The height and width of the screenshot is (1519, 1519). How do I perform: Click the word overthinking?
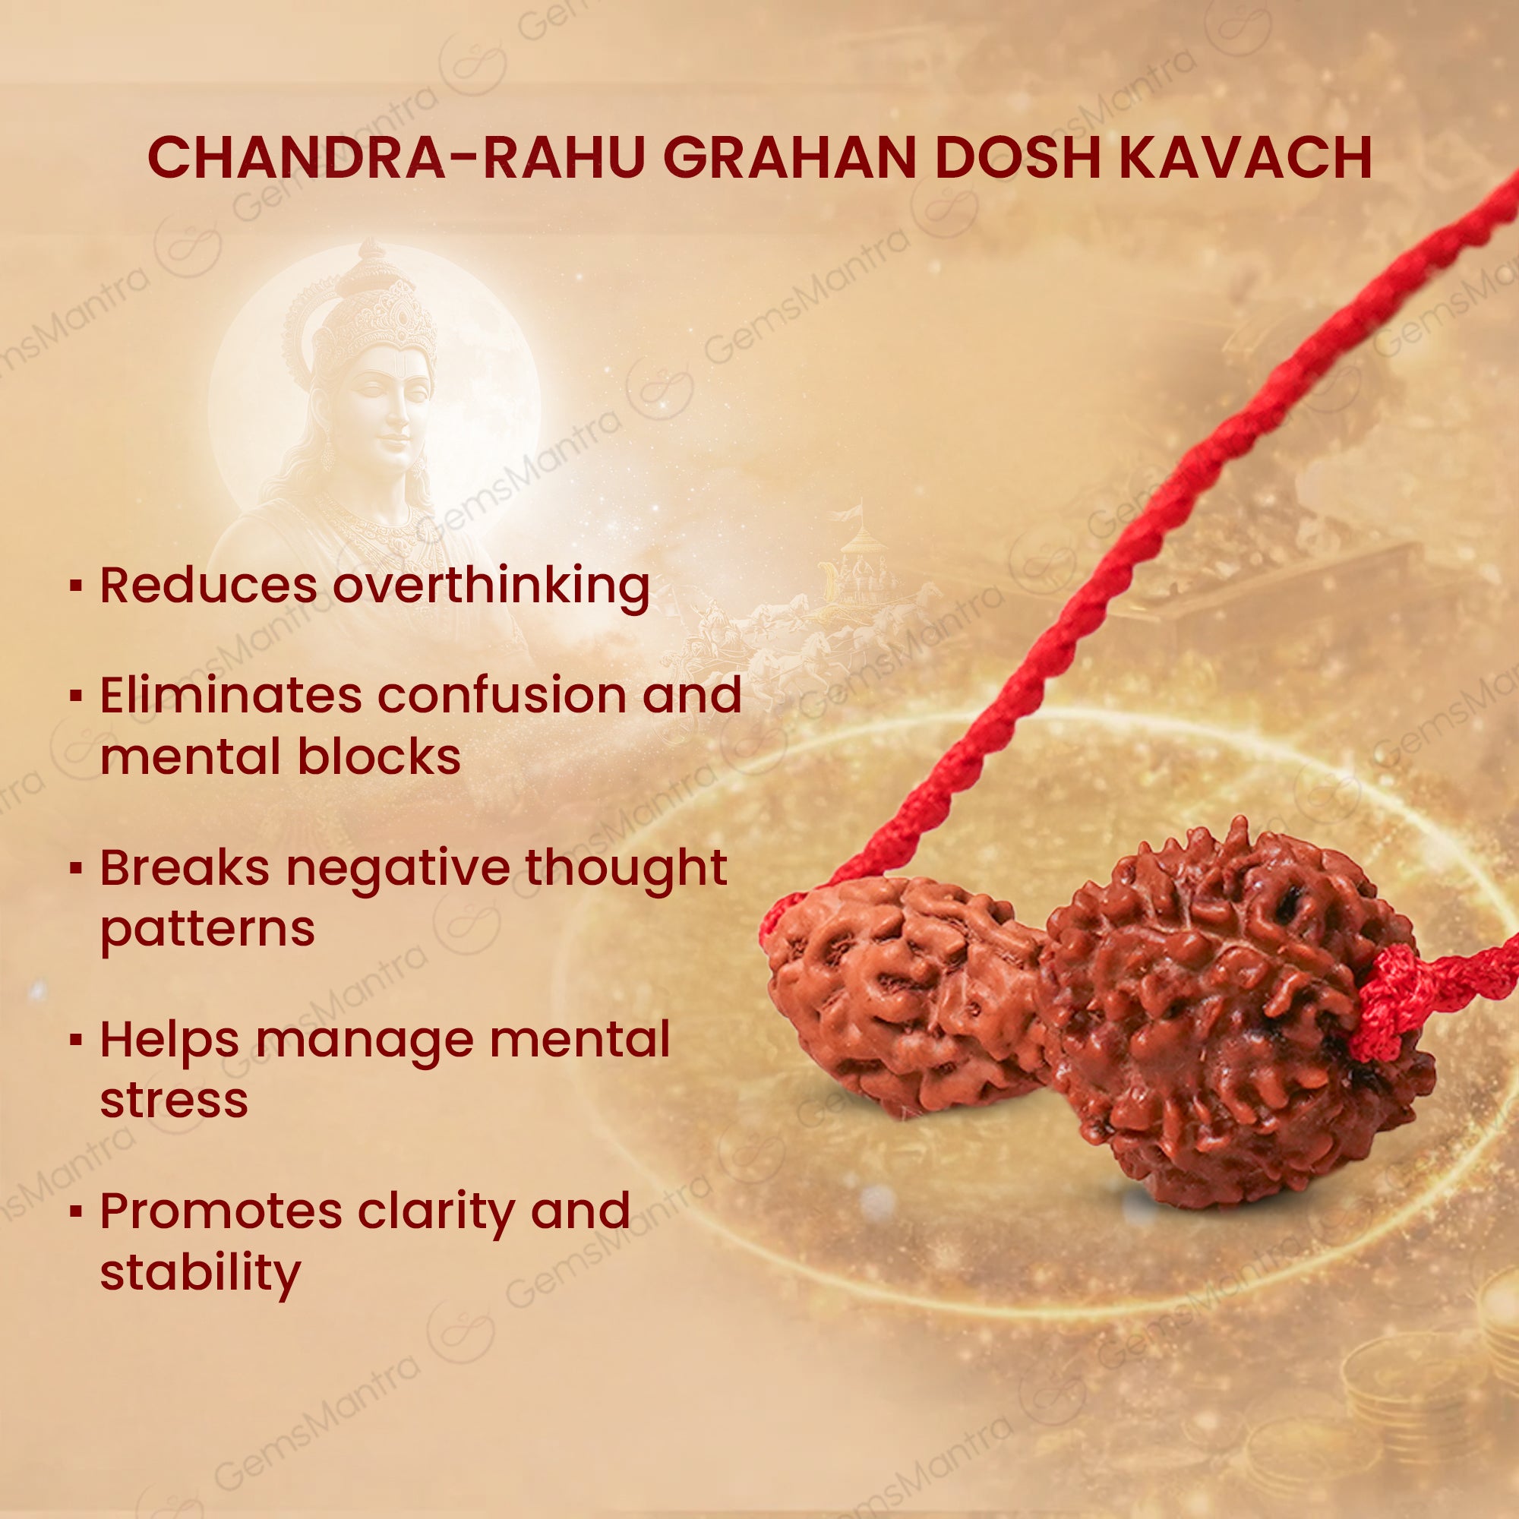(491, 586)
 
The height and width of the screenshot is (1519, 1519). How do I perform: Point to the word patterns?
(207, 930)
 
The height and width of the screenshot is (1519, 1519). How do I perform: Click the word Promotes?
(221, 1211)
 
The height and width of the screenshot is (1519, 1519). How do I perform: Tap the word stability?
(200, 1274)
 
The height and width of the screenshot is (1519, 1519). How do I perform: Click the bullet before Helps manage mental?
(76, 1041)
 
